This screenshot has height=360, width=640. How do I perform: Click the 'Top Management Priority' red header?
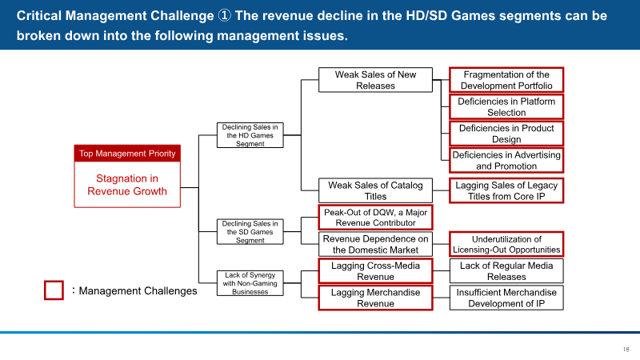[x=127, y=154]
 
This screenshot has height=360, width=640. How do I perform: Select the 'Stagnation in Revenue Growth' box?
[x=127, y=185]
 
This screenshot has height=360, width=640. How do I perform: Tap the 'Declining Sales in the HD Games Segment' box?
[x=250, y=135]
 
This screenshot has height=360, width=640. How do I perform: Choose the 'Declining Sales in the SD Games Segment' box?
[x=250, y=232]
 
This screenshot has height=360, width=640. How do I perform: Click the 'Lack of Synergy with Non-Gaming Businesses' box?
[x=250, y=283]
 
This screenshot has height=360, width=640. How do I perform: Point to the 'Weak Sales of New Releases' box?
[x=375, y=80]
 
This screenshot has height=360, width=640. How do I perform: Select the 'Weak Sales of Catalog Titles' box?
[x=375, y=190]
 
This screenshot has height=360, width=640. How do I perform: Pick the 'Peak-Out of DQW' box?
[x=375, y=218]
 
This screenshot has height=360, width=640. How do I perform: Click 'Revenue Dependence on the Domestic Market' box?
[x=375, y=245]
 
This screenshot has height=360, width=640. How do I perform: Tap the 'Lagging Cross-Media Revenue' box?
[x=375, y=271]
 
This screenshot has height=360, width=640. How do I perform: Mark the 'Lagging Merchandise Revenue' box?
[x=375, y=298]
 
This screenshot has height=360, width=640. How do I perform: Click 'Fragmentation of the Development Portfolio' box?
[x=506, y=80]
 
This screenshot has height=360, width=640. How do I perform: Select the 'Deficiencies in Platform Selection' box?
[x=506, y=107]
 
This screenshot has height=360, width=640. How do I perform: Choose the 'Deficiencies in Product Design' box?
[x=506, y=134]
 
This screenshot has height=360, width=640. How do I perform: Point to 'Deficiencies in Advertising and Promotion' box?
[x=506, y=161]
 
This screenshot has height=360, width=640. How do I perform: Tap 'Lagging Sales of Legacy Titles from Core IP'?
[x=506, y=190]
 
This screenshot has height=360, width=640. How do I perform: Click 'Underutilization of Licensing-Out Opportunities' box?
[x=506, y=245]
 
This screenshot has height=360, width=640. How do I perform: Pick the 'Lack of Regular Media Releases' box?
[x=506, y=271]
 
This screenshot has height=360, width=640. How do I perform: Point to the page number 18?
[x=626, y=350]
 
